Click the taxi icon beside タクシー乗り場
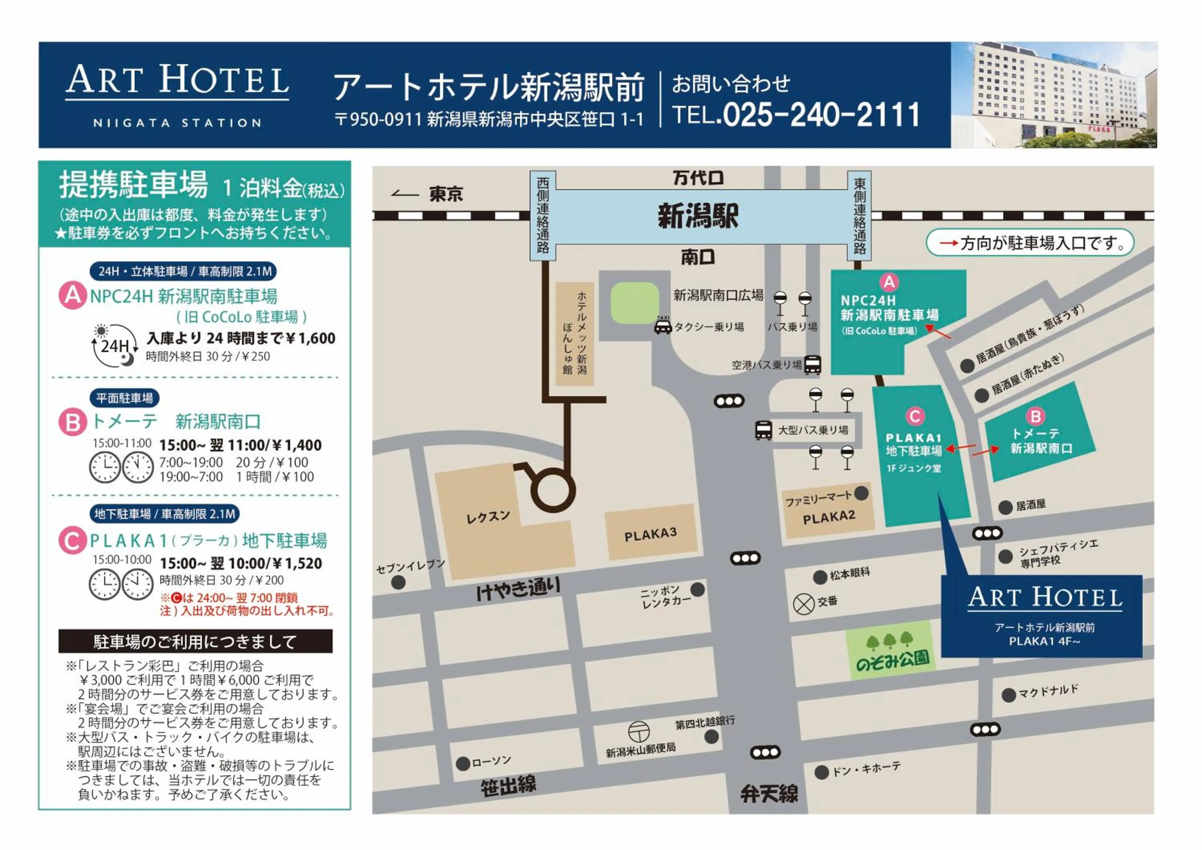[x=663, y=327]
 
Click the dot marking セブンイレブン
[x=398, y=582]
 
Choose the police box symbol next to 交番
[x=804, y=604]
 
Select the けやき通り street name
[x=518, y=589]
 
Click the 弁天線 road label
[x=769, y=794]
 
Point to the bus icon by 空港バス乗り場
[x=812, y=364]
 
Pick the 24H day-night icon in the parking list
[x=114, y=345]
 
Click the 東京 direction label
[x=446, y=194]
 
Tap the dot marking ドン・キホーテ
[x=821, y=772]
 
